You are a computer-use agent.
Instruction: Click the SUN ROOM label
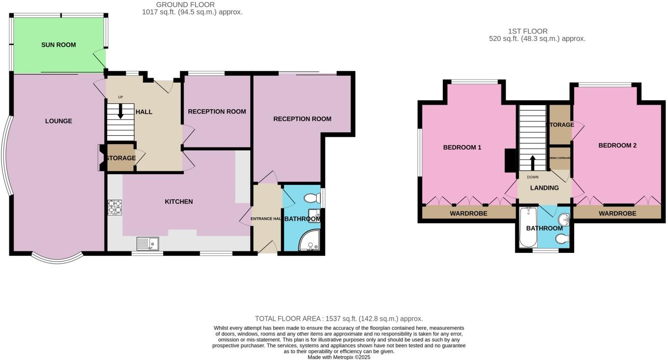coord(58,45)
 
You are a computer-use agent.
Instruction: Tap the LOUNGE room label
coord(58,121)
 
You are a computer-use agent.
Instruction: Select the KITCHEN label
coord(178,202)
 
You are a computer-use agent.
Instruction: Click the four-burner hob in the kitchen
coord(115,207)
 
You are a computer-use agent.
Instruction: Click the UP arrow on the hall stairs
coord(120,113)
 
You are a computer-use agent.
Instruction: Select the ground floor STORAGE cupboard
coord(120,158)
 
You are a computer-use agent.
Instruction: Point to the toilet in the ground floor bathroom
coord(311,198)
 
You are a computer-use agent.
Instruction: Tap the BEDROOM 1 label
coord(462,148)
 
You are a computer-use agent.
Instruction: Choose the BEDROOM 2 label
coord(617,146)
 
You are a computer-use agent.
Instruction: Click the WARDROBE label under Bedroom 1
coord(468,213)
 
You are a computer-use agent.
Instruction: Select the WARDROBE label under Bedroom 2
coord(617,213)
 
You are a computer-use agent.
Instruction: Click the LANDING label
coord(545,188)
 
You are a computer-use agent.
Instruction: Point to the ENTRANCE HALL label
coord(266,219)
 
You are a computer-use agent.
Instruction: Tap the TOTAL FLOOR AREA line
coord(339,319)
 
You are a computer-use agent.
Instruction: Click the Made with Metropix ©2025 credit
coord(339,357)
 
